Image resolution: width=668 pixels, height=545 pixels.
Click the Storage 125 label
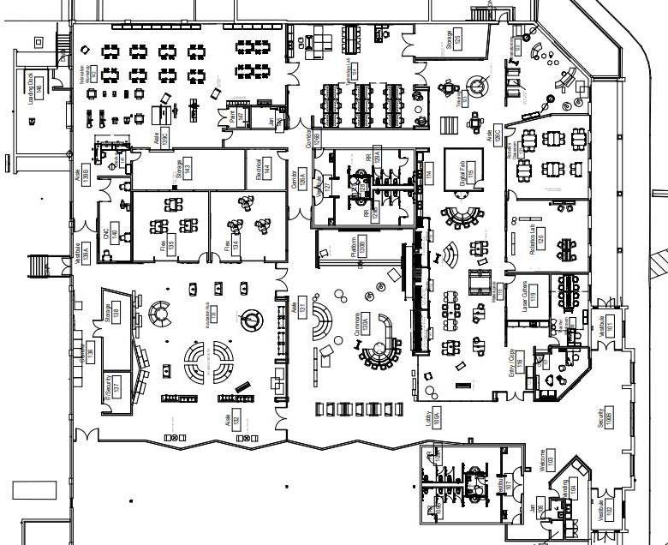tap(454, 39)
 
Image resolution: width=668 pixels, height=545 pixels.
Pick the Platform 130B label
tap(359, 245)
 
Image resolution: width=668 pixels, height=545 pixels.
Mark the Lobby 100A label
tap(432, 417)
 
